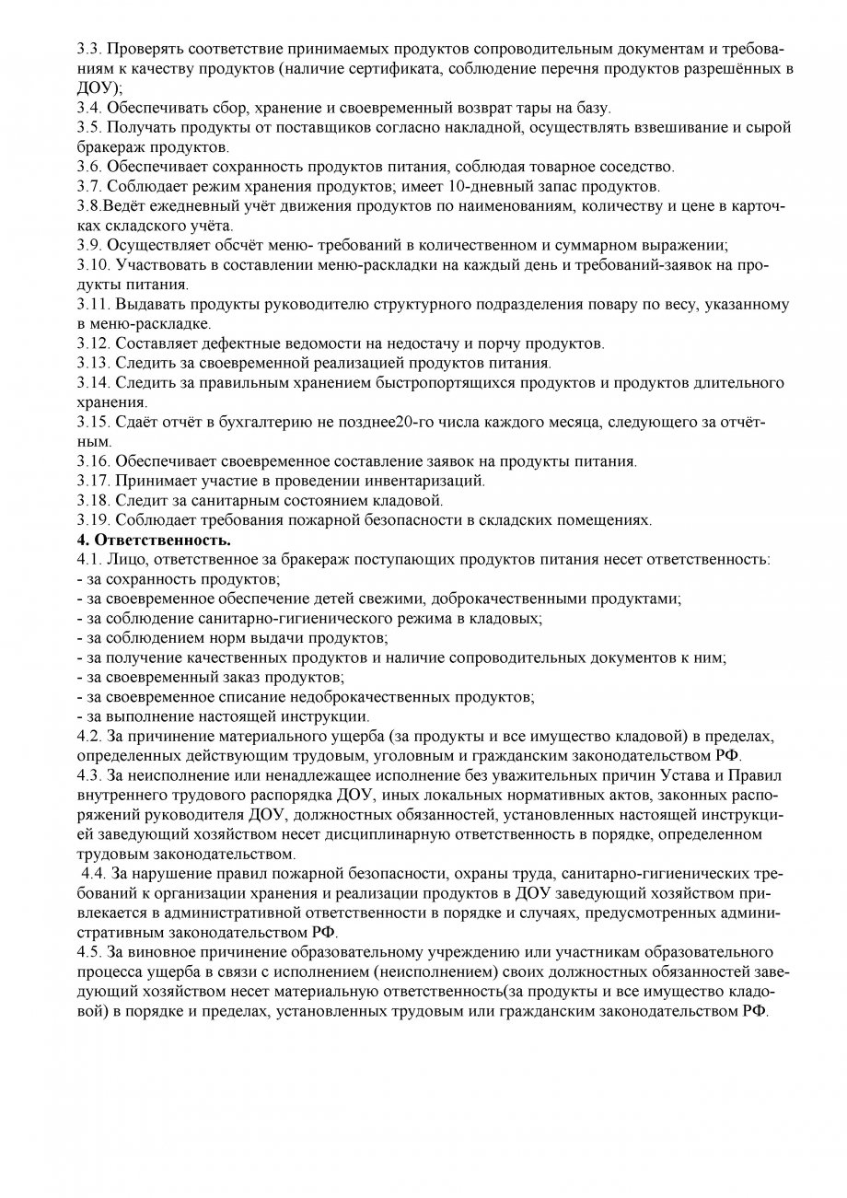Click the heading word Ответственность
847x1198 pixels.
coord(162,539)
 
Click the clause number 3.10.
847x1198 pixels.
coord(93,265)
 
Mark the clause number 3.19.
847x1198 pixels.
coord(93,519)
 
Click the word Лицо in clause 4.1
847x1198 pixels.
coord(130,559)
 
